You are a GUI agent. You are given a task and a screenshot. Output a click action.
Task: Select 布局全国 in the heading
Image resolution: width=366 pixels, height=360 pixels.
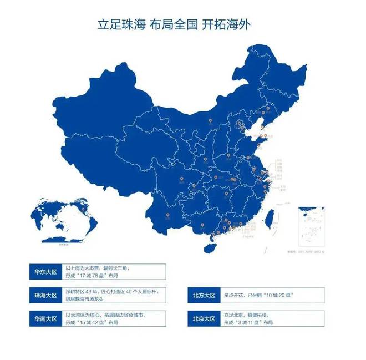pos(177,26)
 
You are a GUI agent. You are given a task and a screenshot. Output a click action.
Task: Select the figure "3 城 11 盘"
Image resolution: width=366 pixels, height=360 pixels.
pos(250,324)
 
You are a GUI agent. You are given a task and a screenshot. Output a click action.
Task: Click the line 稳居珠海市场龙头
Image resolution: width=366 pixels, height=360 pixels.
pos(90,299)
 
